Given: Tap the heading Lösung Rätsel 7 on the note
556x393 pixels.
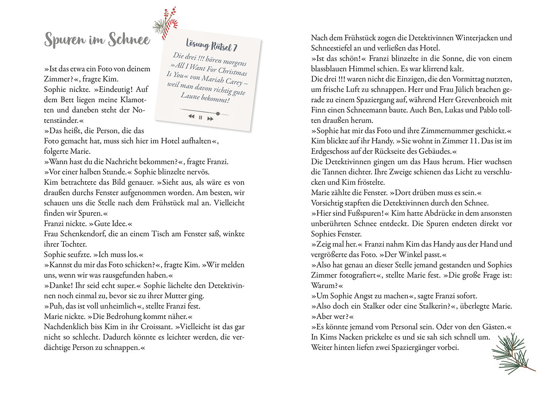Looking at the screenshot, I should [211, 46].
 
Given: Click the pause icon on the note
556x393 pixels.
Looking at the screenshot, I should [201, 117].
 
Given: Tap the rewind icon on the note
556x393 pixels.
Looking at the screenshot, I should [191, 116].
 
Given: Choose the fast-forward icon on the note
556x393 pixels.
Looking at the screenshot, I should [210, 119].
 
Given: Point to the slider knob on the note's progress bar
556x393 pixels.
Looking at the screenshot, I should [218, 113].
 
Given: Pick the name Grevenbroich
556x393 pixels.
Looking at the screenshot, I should [483, 100].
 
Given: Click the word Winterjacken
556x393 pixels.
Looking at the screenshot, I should [476, 37].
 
